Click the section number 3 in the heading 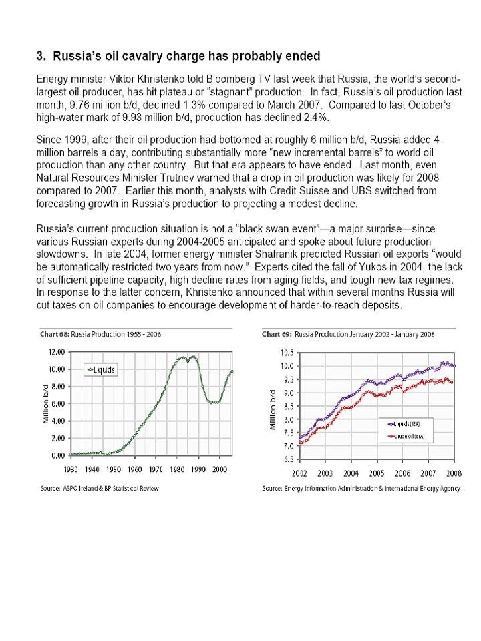pos(39,55)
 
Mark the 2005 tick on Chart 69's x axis pos(377,473)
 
